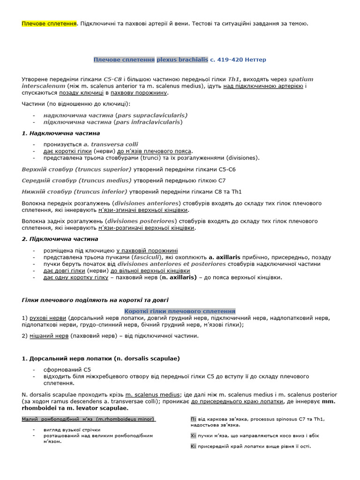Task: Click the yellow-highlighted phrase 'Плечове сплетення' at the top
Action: (49, 23)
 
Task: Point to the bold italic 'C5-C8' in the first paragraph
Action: (113, 79)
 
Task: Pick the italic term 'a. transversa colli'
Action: (111, 144)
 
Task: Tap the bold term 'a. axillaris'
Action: (225, 257)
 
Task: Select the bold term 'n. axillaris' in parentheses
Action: (178, 277)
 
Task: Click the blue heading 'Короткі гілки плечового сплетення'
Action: (180, 311)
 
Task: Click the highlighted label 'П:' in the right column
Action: (193, 419)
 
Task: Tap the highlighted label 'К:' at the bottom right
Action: (193, 446)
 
